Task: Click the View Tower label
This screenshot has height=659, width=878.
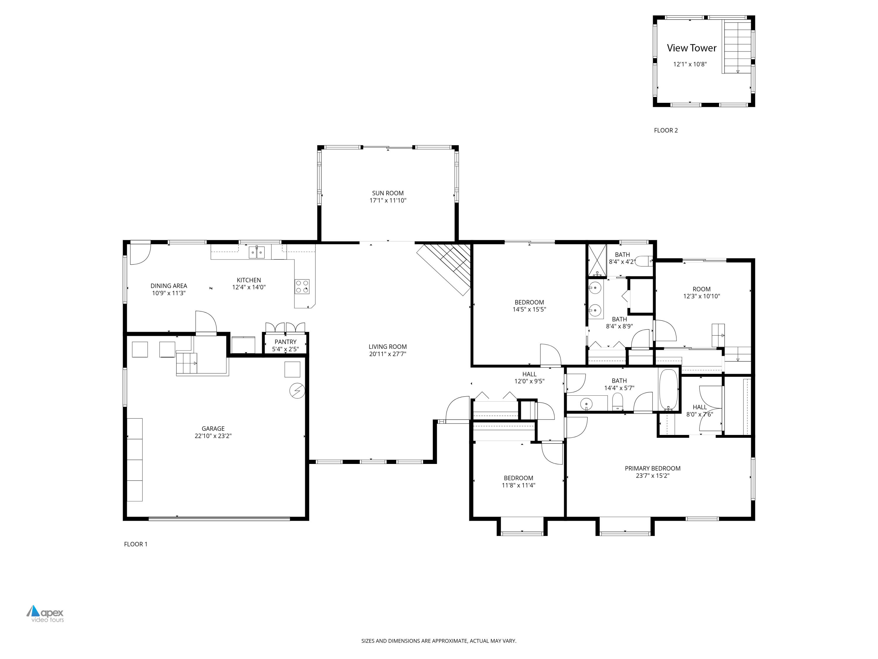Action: tap(692, 48)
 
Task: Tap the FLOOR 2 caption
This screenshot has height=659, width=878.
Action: tap(666, 130)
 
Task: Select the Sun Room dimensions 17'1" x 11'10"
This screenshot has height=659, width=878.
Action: tap(388, 201)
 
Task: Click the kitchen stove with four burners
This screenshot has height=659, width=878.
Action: tap(302, 286)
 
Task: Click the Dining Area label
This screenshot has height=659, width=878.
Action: tap(169, 286)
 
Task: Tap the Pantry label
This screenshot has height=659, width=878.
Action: tap(285, 342)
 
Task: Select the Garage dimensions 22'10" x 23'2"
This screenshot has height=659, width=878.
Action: tap(213, 436)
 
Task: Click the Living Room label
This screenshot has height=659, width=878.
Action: tap(387, 347)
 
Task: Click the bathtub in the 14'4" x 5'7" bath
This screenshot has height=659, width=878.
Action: tap(669, 390)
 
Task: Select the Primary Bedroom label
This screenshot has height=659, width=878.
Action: tap(653, 468)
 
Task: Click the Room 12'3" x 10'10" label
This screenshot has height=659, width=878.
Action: tap(701, 289)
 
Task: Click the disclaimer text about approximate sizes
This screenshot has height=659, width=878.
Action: tap(439, 641)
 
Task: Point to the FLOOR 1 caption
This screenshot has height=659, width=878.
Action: tap(135, 544)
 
